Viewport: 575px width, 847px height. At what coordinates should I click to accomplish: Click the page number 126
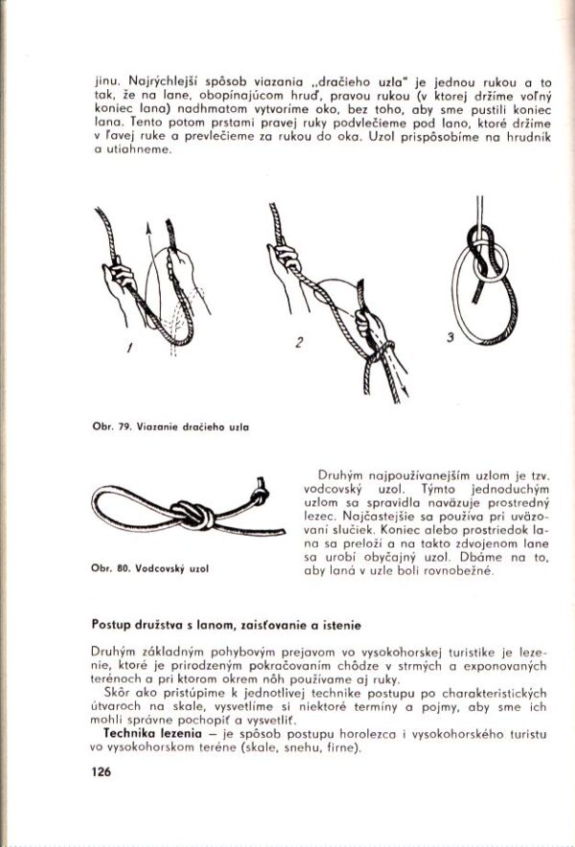103,771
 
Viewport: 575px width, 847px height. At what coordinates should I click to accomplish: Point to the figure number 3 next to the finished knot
448,337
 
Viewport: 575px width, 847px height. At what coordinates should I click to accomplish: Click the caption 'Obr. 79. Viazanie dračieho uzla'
172,425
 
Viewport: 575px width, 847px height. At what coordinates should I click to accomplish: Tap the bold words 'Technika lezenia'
144,733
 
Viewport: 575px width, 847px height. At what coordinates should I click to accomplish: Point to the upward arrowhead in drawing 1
149,228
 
